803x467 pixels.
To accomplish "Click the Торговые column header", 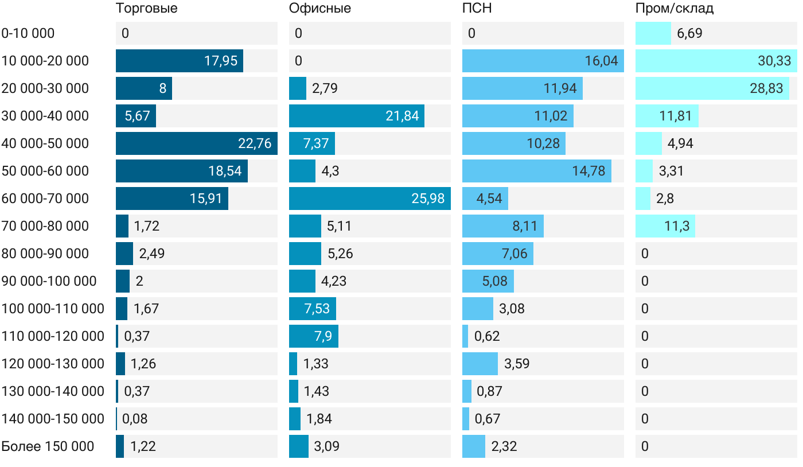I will click(146, 9).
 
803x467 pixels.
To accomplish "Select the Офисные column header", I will click(320, 9).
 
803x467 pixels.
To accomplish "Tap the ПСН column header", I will click(477, 9).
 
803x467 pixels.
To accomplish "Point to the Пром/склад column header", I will click(675, 9).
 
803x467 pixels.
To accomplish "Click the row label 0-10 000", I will click(28, 33).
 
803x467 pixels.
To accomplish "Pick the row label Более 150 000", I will click(48, 446).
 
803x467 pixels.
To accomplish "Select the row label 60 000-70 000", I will click(45, 199).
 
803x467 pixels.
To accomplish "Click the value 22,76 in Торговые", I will click(255, 143).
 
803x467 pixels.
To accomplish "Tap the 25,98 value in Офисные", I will click(428, 199).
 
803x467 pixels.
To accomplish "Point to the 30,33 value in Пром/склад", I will click(774, 61).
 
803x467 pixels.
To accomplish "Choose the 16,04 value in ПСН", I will click(601, 61).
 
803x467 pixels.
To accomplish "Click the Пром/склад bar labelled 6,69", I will click(653, 33).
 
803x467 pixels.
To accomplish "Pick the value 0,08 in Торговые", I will click(135, 419).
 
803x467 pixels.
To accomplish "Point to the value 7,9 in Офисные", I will click(323, 336).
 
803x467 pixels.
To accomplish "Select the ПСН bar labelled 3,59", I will click(480, 364).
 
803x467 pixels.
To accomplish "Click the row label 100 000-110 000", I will click(53, 309).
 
